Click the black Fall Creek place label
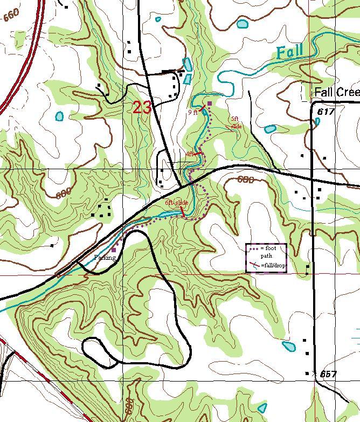click(336, 92)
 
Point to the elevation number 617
click(327, 112)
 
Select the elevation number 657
click(328, 374)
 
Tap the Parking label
click(105, 258)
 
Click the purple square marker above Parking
click(114, 250)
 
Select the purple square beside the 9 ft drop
click(210, 103)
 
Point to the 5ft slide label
click(236, 122)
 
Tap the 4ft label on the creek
click(190, 154)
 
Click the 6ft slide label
click(176, 203)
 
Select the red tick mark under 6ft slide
click(182, 212)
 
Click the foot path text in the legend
click(268, 252)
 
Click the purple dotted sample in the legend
click(254, 248)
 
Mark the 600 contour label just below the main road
click(246, 181)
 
